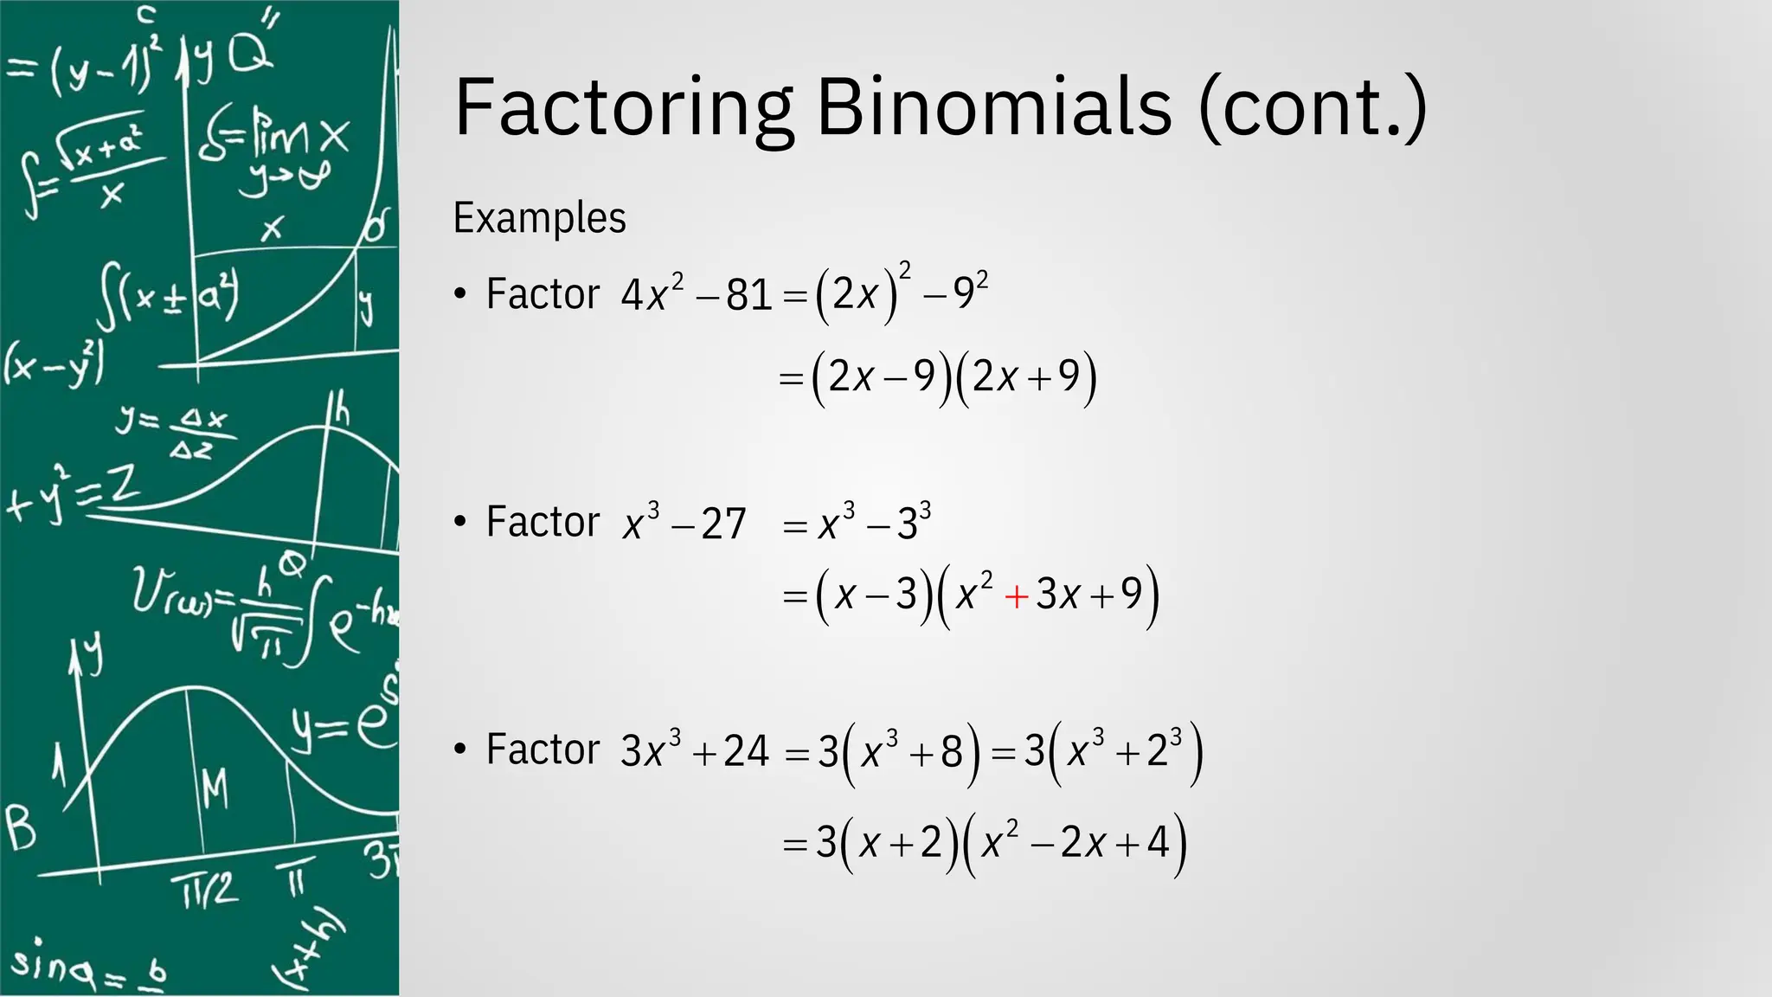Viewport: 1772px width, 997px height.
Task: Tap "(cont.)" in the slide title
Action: [x=1312, y=108]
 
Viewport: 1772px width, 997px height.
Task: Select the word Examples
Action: [x=539, y=218]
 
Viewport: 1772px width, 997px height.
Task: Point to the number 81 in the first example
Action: [x=748, y=295]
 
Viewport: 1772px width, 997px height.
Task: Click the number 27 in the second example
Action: [x=723, y=524]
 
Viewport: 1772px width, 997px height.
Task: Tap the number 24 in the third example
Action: [x=746, y=751]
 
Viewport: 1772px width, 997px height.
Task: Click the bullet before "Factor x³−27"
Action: [x=460, y=522]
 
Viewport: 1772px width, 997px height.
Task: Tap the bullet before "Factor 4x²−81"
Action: [x=460, y=294]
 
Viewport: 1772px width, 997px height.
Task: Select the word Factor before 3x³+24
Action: [x=543, y=749]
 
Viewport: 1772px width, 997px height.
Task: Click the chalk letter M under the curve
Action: [x=215, y=788]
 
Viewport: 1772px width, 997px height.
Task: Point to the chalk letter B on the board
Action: [x=21, y=827]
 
